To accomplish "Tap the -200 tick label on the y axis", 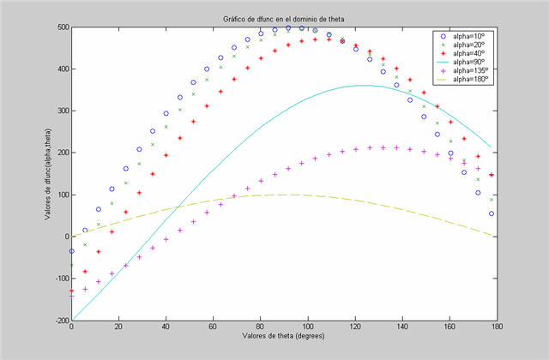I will point(61,320).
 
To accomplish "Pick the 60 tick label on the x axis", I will point(213,327).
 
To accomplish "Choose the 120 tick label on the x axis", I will point(354,327).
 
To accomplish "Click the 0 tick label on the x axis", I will point(72,327).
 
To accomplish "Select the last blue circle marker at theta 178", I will point(492,213).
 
